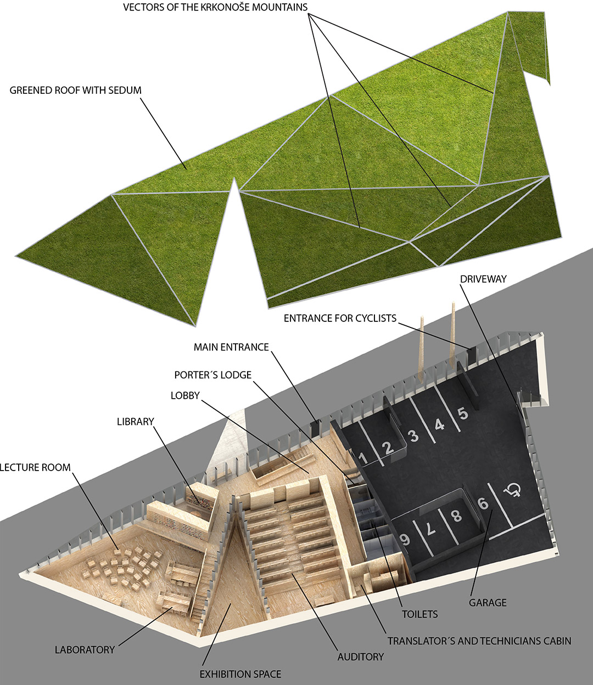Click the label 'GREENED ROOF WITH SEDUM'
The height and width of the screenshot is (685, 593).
pos(75,90)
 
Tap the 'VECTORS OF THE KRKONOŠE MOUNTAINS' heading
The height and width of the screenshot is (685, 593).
pos(215,7)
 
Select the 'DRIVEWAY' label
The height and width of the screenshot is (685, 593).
pos(484,279)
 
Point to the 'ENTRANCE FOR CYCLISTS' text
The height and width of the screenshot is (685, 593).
pos(340,319)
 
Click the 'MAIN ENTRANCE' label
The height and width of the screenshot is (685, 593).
pos(231,347)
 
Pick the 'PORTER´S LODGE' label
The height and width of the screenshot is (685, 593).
pos(213,375)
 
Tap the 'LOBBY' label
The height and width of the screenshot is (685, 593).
pos(185,395)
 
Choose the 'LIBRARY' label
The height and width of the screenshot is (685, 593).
pos(136,422)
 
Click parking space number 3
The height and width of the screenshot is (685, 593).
pos(414,436)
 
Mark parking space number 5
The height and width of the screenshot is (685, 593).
pos(463,414)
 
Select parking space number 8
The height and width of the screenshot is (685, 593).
pos(457,516)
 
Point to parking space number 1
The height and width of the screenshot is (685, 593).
pos(363,458)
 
